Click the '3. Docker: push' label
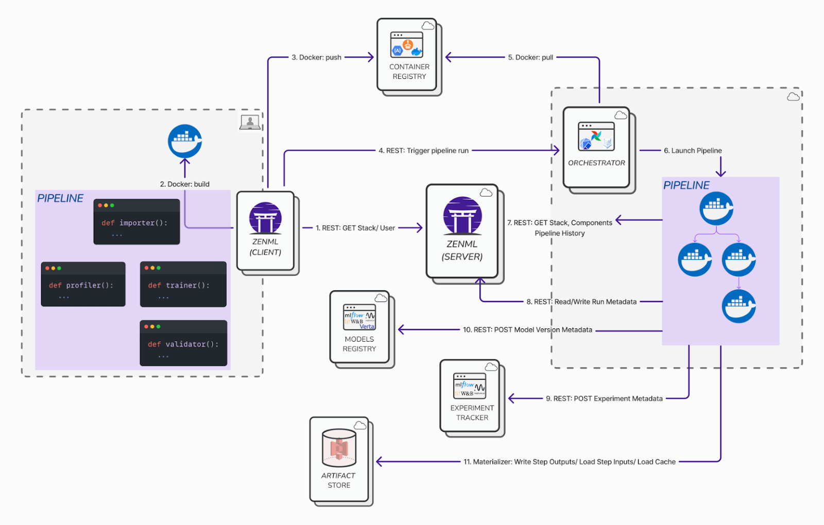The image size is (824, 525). (x=316, y=58)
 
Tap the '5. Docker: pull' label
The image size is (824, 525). (x=530, y=58)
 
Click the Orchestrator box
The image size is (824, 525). (x=596, y=148)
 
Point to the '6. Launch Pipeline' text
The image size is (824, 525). (x=693, y=151)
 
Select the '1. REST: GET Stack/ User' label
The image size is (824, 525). (x=355, y=228)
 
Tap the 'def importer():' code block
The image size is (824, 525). (x=136, y=222)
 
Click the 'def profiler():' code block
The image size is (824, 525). (x=83, y=284)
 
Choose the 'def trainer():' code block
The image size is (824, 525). (x=183, y=284)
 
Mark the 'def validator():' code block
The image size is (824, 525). (x=183, y=343)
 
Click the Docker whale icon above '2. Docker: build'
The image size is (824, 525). (x=185, y=141)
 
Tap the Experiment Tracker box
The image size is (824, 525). (x=470, y=396)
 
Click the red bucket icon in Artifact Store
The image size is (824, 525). (x=339, y=448)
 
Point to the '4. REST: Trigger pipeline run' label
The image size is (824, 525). (x=423, y=151)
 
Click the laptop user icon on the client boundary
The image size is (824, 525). (x=250, y=122)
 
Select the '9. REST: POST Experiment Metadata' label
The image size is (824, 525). (x=604, y=399)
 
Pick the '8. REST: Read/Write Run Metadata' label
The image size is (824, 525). (x=581, y=302)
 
